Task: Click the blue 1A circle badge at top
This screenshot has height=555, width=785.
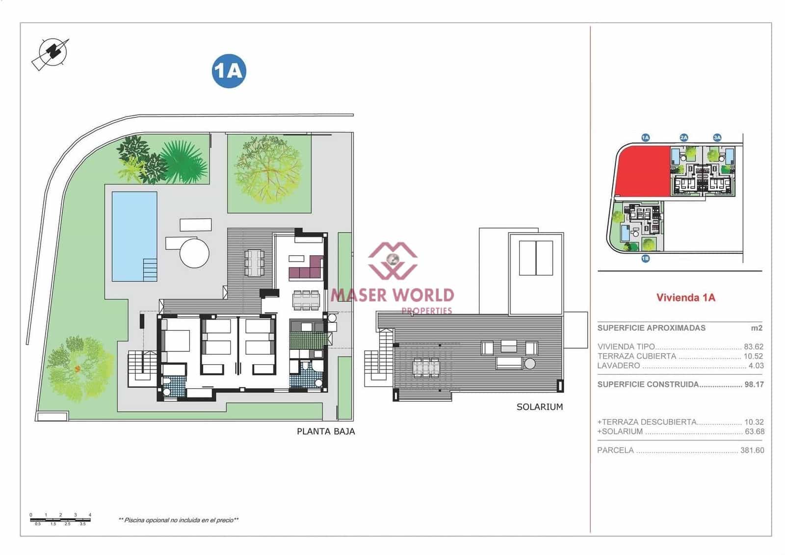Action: click(x=229, y=71)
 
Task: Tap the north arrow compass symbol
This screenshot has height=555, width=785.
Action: click(x=51, y=53)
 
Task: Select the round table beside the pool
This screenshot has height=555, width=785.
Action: click(x=194, y=253)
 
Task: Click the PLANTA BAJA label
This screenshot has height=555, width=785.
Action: click(x=326, y=431)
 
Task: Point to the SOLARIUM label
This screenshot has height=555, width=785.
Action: click(x=539, y=407)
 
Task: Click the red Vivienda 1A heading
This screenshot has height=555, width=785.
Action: click(x=685, y=297)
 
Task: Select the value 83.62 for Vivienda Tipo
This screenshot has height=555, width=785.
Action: click(x=753, y=346)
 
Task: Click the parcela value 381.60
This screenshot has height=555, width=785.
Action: click(x=752, y=450)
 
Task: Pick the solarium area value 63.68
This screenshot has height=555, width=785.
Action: click(x=754, y=432)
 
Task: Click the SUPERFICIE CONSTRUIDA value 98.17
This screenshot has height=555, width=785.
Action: click(x=754, y=385)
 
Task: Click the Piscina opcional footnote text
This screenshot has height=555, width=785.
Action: click(x=179, y=520)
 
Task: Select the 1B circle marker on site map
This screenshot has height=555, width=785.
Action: click(x=645, y=258)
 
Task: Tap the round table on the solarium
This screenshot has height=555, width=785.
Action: click(x=530, y=364)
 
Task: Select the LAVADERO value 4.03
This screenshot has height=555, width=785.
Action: click(x=756, y=366)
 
